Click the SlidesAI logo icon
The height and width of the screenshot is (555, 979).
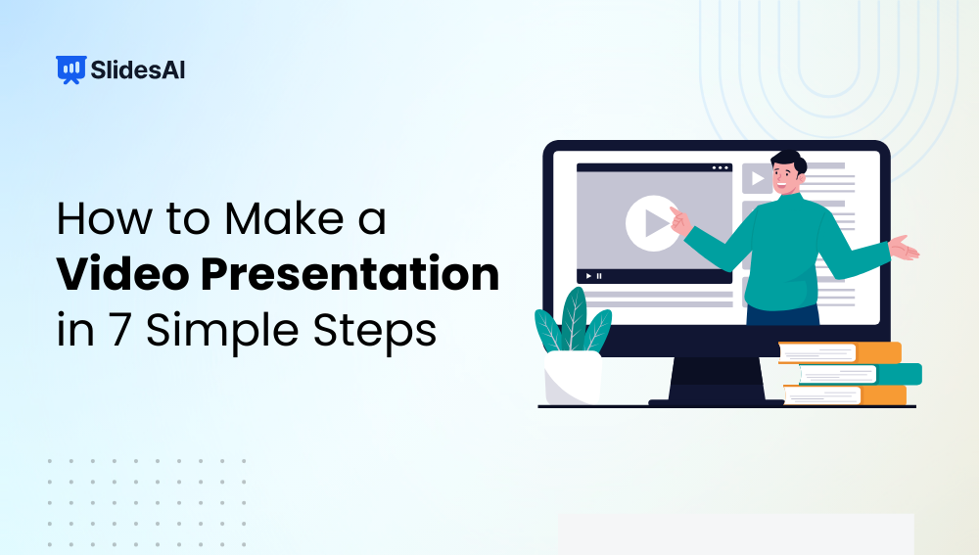pyautogui.click(x=70, y=69)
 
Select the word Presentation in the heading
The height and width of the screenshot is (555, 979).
pyautogui.click(x=347, y=275)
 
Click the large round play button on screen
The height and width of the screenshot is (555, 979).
pyautogui.click(x=653, y=223)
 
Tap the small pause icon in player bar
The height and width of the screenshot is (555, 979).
pyautogui.click(x=599, y=276)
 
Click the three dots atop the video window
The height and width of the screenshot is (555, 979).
pyautogui.click(x=720, y=168)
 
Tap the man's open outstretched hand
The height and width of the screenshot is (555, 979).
pyautogui.click(x=903, y=249)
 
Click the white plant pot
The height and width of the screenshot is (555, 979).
pyautogui.click(x=573, y=377)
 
